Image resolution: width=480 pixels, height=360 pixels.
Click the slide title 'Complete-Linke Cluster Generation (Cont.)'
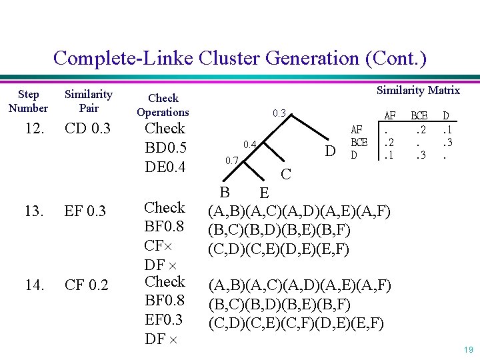tap(239, 58)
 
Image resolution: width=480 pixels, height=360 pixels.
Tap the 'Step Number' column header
tap(28, 101)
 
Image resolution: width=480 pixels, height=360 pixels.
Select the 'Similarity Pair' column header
tap(88, 101)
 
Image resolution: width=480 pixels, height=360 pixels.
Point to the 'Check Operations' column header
tap(163, 105)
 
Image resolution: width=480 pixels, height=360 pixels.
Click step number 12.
tap(34, 128)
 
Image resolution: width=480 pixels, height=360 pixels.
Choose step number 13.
tap(34, 212)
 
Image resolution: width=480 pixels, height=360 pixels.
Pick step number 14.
tap(34, 286)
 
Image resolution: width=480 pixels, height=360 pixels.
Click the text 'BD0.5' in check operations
tap(165, 147)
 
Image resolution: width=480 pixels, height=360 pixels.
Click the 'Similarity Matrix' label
tap(418, 90)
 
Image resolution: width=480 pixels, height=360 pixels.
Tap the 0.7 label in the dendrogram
tap(231, 160)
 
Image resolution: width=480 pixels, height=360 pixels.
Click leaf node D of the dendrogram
tap(329, 152)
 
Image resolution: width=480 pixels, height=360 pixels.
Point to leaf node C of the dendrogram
tap(286, 175)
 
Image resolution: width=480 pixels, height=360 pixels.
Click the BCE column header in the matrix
tap(418, 115)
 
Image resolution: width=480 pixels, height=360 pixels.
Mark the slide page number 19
tap(467, 349)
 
